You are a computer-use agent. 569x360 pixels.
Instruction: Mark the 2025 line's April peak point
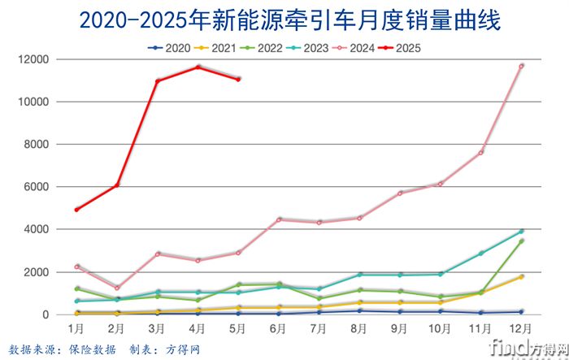pos(198,67)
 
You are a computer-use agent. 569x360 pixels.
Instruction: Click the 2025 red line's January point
pos(76,210)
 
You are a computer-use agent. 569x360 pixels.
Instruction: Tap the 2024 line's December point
pos(521,66)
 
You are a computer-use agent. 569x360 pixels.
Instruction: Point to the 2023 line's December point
pos(521,231)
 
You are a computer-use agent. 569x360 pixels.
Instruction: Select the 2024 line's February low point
pos(117,288)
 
